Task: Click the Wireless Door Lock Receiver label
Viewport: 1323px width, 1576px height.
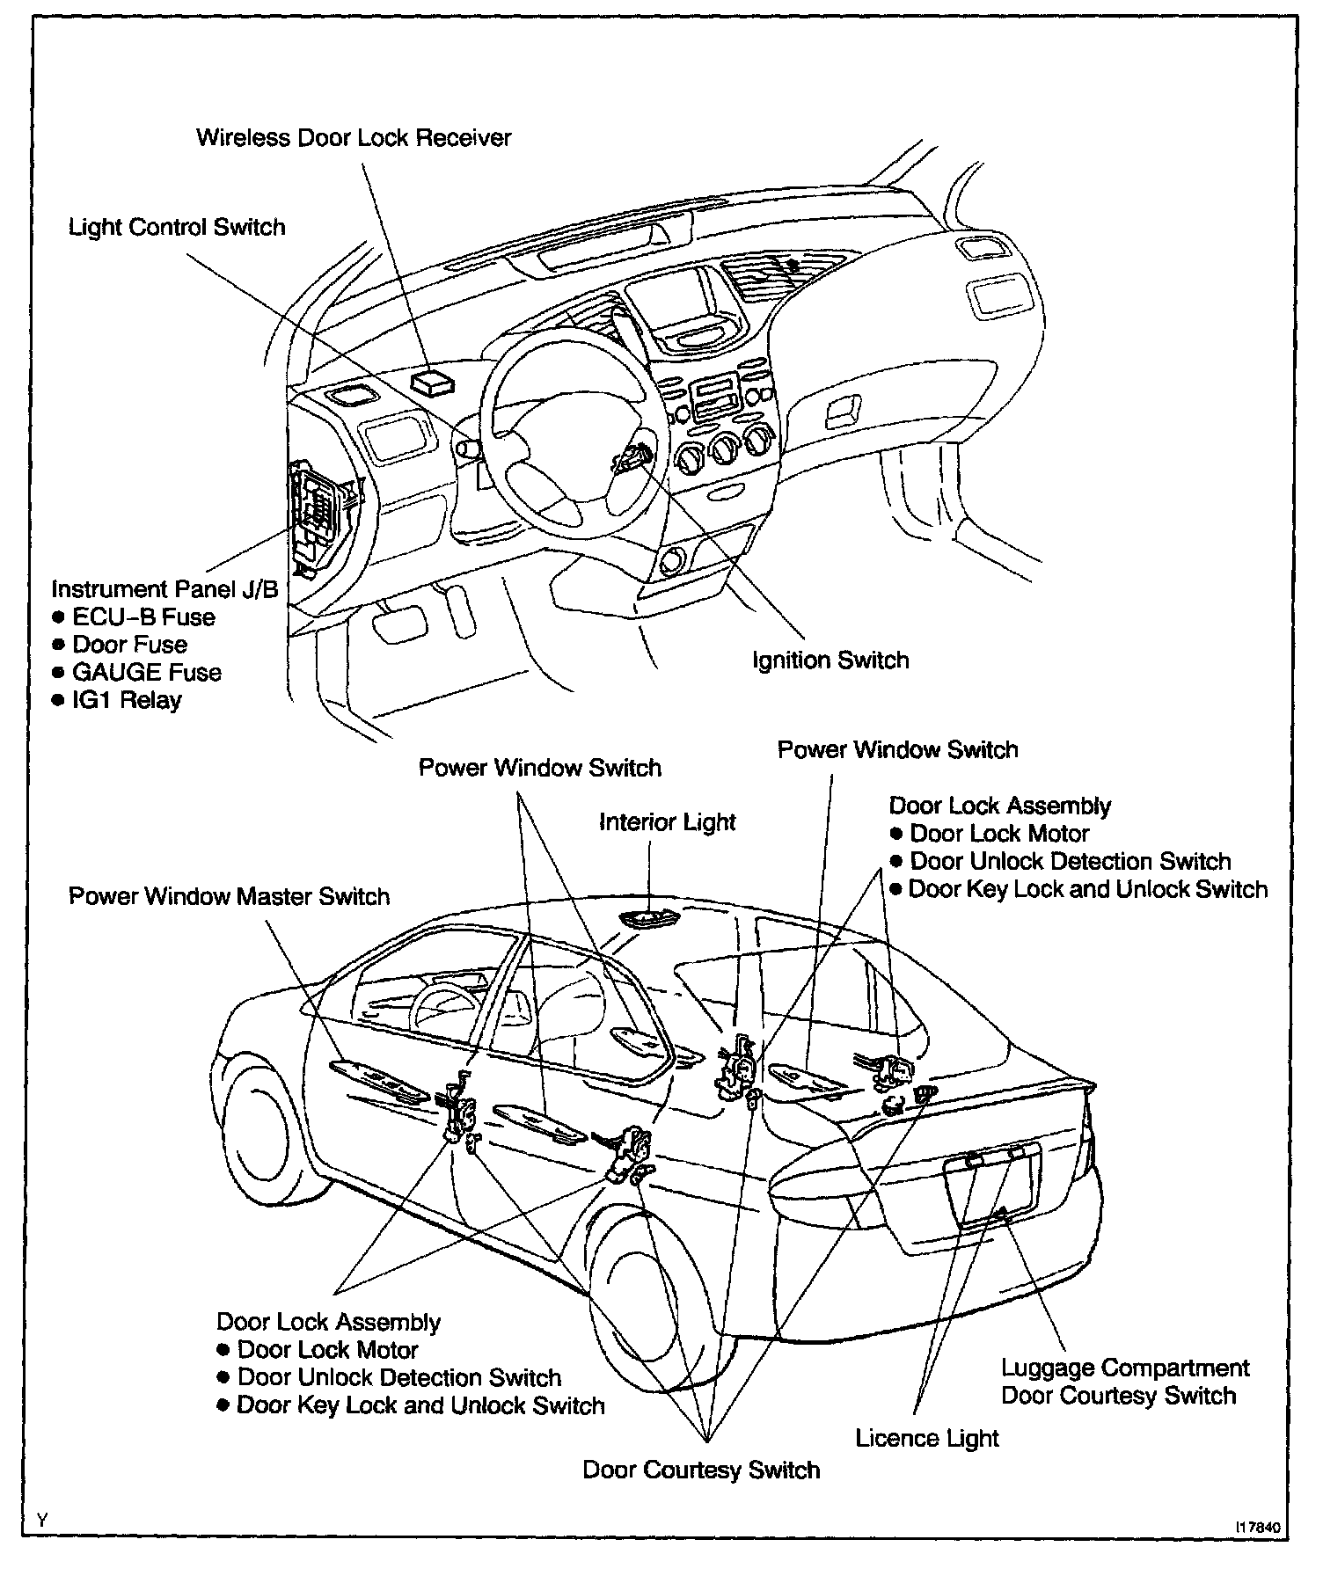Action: [354, 138]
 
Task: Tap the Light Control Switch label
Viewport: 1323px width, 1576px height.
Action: [177, 227]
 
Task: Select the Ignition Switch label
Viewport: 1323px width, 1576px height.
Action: [830, 660]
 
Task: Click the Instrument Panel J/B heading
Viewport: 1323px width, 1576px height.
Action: [164, 588]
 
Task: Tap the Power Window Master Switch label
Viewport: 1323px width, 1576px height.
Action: [229, 896]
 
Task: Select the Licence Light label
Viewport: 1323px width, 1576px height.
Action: [927, 1438]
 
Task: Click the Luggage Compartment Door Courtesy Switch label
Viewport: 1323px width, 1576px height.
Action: [1124, 1382]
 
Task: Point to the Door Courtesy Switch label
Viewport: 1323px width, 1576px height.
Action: [701, 1470]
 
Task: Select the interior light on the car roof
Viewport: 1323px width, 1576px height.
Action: [647, 918]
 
